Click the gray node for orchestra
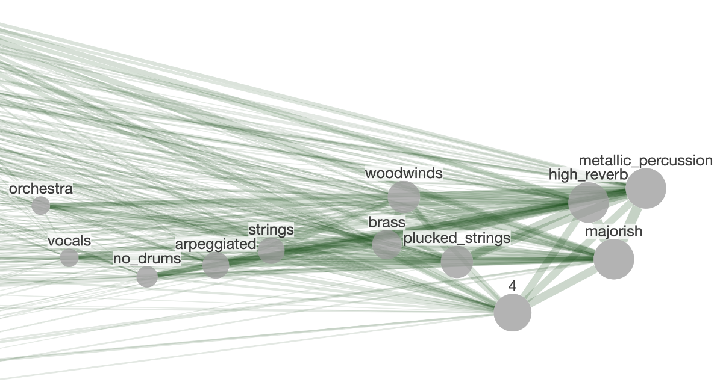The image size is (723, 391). coord(40,206)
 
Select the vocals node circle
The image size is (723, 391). coord(69,257)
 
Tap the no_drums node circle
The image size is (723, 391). coord(147,277)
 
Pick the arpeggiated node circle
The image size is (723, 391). coord(216,265)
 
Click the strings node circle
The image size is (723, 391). coord(271,250)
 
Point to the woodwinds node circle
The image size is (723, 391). coord(404,197)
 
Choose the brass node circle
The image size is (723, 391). coord(387,244)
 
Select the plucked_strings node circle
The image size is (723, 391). coord(457,262)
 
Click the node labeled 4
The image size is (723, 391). coord(513,313)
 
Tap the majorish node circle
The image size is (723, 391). coord(614,259)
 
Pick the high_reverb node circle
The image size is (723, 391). coord(589,203)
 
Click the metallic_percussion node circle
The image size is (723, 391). coord(646,188)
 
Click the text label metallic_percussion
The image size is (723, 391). coord(646,161)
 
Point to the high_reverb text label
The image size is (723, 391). coord(588,174)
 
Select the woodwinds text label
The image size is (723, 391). coord(404,174)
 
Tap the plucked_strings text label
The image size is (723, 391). coord(457,238)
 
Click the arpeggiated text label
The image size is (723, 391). coord(215,244)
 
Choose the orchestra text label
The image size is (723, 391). coord(41,189)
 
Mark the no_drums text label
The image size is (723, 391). coord(147,259)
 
